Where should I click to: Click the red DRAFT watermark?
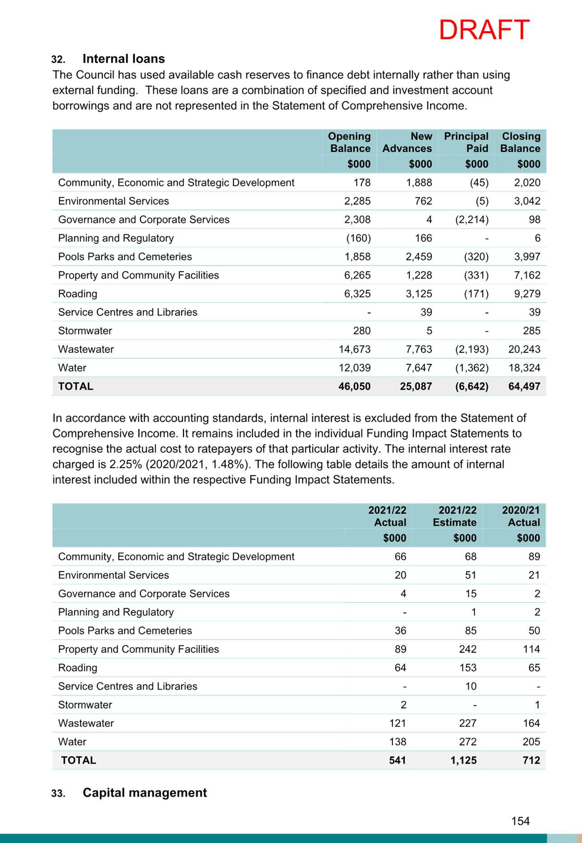pos(484,30)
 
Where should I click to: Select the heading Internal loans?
pos(124,59)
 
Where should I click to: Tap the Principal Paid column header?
pos(466,142)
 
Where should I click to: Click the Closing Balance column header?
pos(520,142)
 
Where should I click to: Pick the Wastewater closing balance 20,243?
pos(524,349)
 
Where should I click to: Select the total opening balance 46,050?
pos(355,387)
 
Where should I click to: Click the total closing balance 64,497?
pos(524,387)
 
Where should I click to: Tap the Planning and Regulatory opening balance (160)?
pos(359,238)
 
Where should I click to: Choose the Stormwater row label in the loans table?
pos(85,331)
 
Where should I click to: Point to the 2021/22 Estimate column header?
pos(455,516)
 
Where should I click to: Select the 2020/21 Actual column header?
pos(521,516)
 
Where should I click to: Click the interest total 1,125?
pos(464,760)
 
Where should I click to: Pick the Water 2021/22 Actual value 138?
pos(397,742)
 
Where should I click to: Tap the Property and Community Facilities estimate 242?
pos(468,649)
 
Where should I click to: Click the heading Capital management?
pos(145,793)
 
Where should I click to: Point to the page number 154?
pos(521,821)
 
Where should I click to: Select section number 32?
pos(59,60)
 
